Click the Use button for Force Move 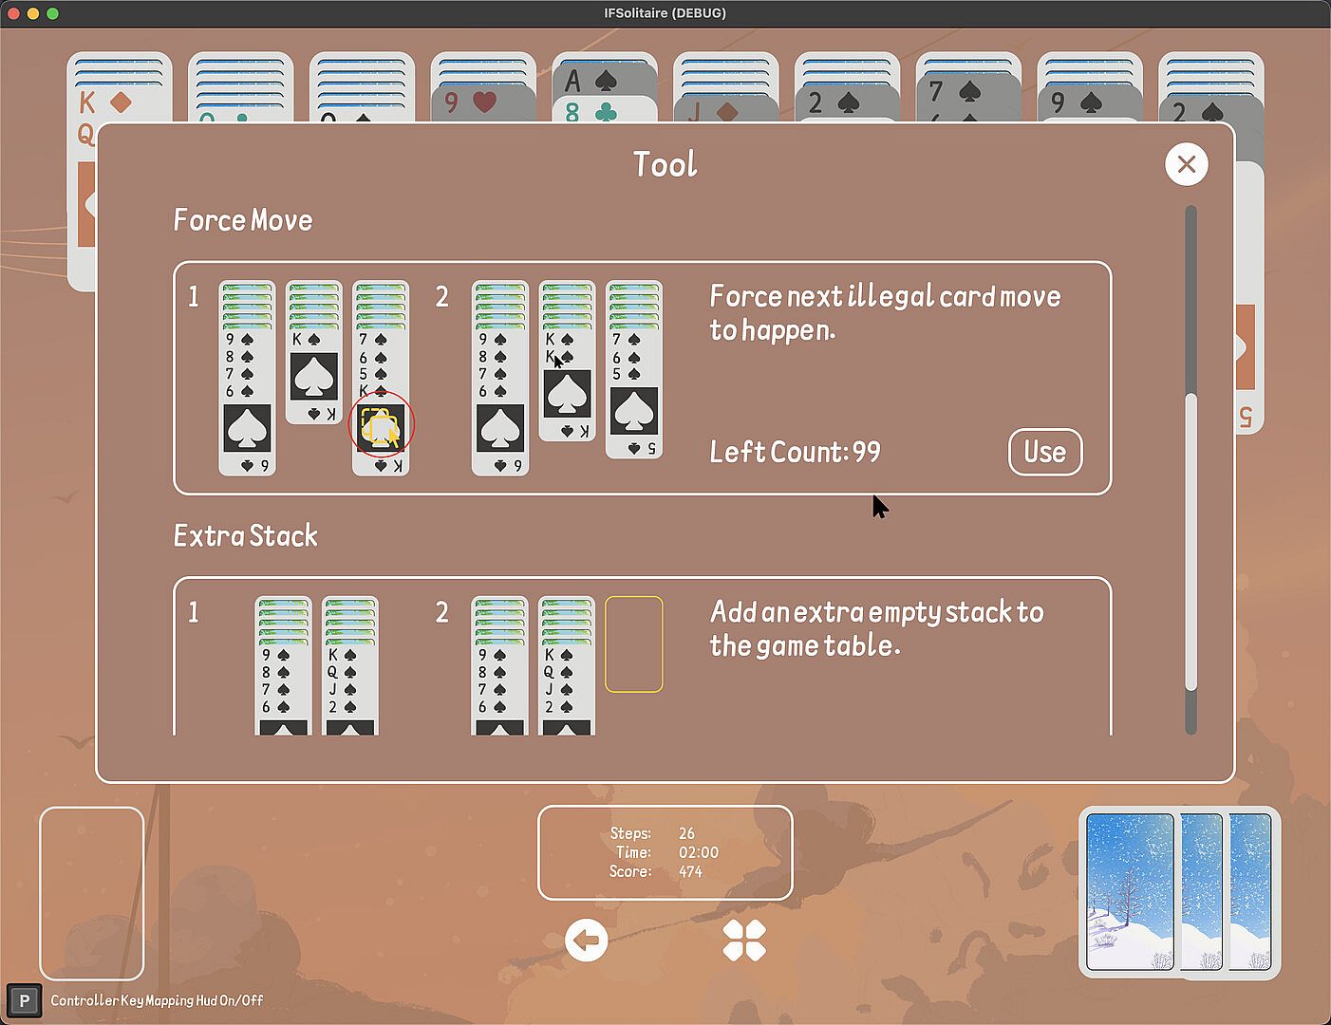[1045, 452]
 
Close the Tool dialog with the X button [1187, 164]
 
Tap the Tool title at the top [665, 164]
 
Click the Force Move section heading [242, 220]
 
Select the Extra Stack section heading [246, 536]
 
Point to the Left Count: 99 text [795, 452]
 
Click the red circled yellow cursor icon [381, 423]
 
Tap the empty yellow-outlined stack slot [634, 644]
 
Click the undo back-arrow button [586, 941]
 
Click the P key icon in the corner [25, 1000]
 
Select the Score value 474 [691, 871]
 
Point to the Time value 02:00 [699, 852]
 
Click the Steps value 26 [686, 833]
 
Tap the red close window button [13, 13]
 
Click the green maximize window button [52, 13]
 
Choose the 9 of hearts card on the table [483, 102]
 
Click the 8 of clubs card [605, 111]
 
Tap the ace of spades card [605, 81]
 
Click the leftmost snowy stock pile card [1130, 892]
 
